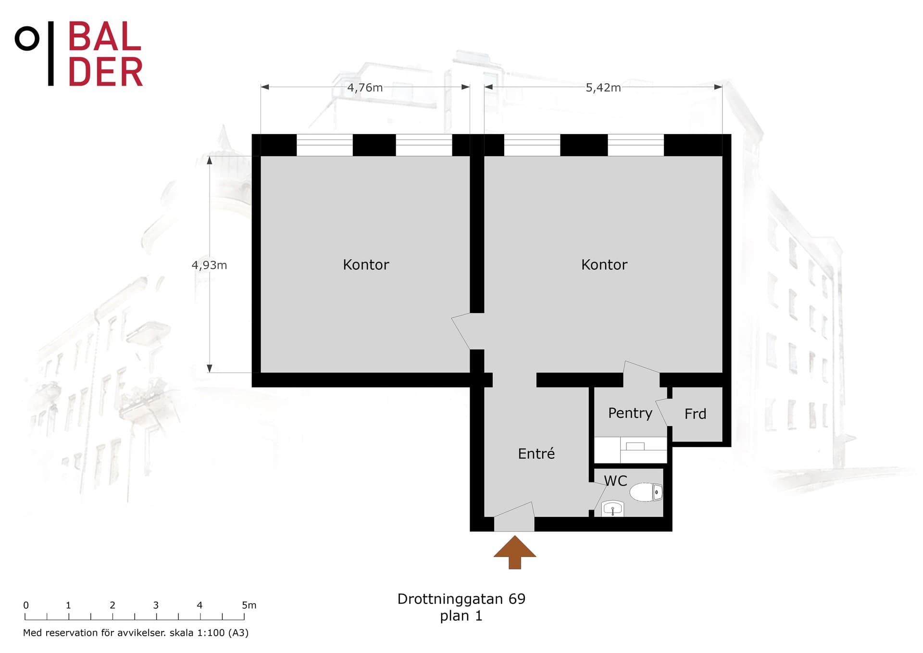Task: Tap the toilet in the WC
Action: pyautogui.click(x=646, y=492)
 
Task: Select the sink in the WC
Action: pyautogui.click(x=613, y=509)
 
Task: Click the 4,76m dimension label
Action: pyautogui.click(x=365, y=88)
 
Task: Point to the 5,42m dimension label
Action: pyautogui.click(x=603, y=88)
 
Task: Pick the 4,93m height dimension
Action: pyautogui.click(x=209, y=265)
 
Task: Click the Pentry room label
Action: pyautogui.click(x=630, y=414)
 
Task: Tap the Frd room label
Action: pyautogui.click(x=695, y=414)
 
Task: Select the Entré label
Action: pyautogui.click(x=536, y=453)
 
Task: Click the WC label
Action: pyautogui.click(x=615, y=480)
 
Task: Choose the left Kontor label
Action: pyautogui.click(x=366, y=264)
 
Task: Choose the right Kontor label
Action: pyautogui.click(x=604, y=264)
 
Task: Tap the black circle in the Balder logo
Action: pyautogui.click(x=27, y=38)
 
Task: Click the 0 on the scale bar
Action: pyautogui.click(x=26, y=605)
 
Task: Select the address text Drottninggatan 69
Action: pyautogui.click(x=461, y=599)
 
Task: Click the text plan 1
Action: pyautogui.click(x=461, y=616)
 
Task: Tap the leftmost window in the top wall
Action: pyautogui.click(x=324, y=145)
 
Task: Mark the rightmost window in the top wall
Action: pyautogui.click(x=636, y=145)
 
